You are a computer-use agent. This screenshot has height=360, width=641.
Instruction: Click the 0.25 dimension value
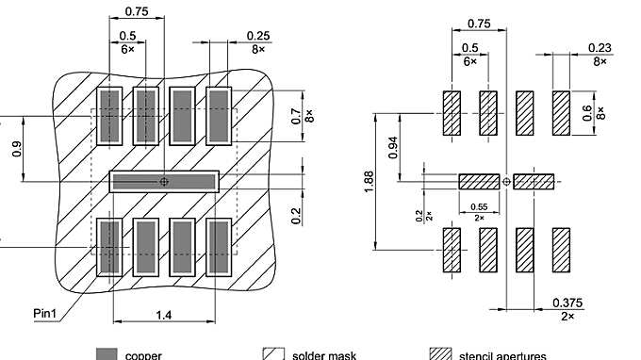pyautogui.click(x=258, y=35)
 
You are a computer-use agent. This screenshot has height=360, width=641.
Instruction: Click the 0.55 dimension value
pyautogui.click(x=479, y=206)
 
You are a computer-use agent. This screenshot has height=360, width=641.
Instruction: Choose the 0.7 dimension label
pyautogui.click(x=295, y=117)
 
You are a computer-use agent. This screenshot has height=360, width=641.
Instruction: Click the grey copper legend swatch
pyautogui.click(x=107, y=354)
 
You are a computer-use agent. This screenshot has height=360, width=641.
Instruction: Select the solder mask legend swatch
pyautogui.click(x=274, y=354)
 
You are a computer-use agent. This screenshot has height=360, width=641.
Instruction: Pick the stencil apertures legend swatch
pyautogui.click(x=440, y=354)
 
